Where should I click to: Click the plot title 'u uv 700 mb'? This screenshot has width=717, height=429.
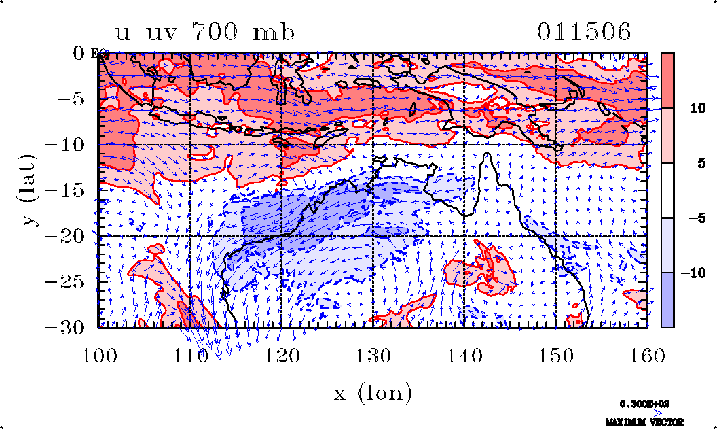point(204,33)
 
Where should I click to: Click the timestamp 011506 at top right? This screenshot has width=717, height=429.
point(584,32)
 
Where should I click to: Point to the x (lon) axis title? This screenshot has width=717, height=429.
point(373,392)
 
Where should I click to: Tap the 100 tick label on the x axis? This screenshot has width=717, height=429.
point(99,354)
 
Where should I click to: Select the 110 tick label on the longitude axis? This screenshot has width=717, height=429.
point(191,354)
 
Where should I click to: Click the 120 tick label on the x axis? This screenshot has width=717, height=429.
point(282,354)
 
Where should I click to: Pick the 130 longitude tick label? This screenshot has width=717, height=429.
point(373,354)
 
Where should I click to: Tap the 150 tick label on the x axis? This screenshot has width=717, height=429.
point(556,354)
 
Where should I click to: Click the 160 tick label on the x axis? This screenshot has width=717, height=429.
point(647,354)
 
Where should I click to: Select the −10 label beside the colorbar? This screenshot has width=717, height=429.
point(692,273)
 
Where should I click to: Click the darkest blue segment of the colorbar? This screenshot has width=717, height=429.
point(667,300)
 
